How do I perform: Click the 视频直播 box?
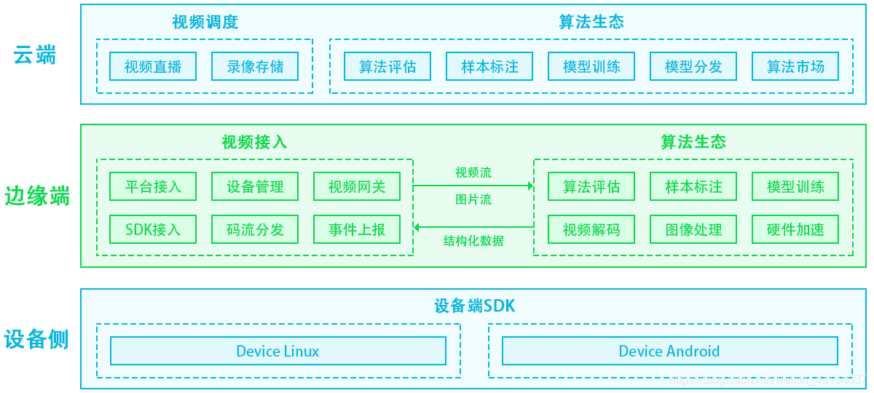pyautogui.click(x=153, y=67)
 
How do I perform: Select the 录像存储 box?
pyautogui.click(x=255, y=67)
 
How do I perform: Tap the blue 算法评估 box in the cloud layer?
pyautogui.click(x=387, y=67)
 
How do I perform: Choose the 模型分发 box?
pyautogui.click(x=693, y=67)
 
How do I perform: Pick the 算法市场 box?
pyautogui.click(x=795, y=67)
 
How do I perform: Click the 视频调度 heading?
pyautogui.click(x=205, y=22)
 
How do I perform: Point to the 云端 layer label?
pyautogui.click(x=35, y=55)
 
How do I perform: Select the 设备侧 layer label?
pyautogui.click(x=36, y=339)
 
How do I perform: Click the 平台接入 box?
pyautogui.click(x=153, y=187)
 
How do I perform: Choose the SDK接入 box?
pyautogui.click(x=153, y=230)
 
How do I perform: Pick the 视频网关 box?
pyautogui.click(x=357, y=187)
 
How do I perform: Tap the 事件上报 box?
pyautogui.click(x=357, y=230)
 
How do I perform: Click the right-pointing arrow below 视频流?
pyautogui.click(x=473, y=186)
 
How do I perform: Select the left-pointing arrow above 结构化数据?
pyautogui.click(x=473, y=227)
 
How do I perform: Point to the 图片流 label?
pyautogui.click(x=473, y=199)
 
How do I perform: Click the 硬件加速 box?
pyautogui.click(x=795, y=230)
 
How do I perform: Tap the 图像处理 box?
pyautogui.click(x=693, y=230)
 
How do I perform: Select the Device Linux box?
pyautogui.click(x=277, y=351)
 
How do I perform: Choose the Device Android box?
pyautogui.click(x=669, y=351)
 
